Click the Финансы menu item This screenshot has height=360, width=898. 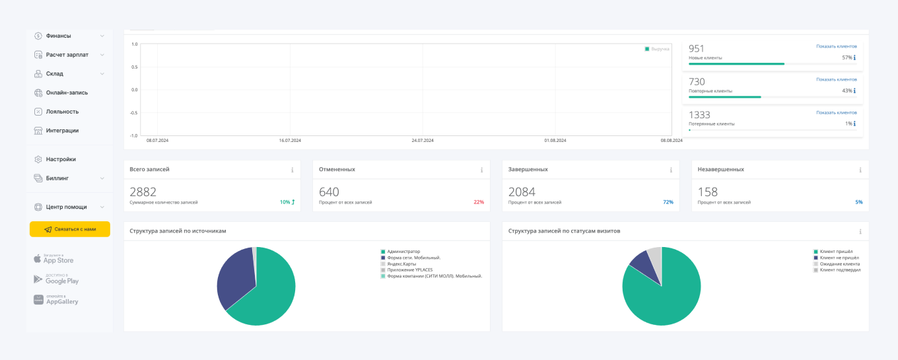coord(58,36)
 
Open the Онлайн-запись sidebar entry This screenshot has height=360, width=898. coord(66,92)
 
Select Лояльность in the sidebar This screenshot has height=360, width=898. coord(62,112)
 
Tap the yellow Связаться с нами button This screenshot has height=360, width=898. coord(70,229)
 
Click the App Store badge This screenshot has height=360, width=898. coord(53,258)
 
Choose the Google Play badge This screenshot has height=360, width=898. coord(56,279)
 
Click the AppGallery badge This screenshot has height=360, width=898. coord(56,300)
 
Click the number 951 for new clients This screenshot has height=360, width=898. coord(697,48)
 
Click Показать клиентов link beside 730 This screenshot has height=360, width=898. coord(836,79)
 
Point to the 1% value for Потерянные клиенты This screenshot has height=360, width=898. coord(848,124)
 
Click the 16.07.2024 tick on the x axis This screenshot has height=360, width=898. coord(290,140)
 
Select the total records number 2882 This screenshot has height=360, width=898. coord(143,192)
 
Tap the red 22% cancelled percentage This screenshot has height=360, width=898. coord(479,202)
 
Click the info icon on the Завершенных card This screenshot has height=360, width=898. coord(671,170)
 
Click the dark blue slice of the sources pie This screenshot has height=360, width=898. coord(234,277)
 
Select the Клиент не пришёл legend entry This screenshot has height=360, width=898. coord(839,258)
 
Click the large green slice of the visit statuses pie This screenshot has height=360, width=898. coord(664,294)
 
